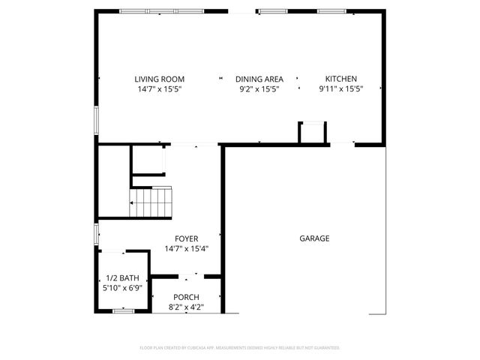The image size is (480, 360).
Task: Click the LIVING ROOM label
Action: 159,79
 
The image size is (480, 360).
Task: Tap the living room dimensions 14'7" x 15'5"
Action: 159,89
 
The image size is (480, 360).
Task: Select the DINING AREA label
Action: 259,79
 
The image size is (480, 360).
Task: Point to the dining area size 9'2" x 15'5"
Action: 259,89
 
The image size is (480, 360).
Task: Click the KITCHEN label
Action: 340,79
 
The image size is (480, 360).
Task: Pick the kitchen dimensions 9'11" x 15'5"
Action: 340,89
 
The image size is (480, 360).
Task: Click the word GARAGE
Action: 315,238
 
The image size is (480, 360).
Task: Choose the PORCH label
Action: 186,297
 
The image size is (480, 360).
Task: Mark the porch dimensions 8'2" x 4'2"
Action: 186,307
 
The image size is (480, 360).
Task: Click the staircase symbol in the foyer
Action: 151,201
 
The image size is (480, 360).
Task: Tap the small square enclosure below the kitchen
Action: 312,133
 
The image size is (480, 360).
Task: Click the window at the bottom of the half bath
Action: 122,310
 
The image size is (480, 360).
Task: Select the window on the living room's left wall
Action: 96,120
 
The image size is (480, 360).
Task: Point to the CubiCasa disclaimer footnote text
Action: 240,348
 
